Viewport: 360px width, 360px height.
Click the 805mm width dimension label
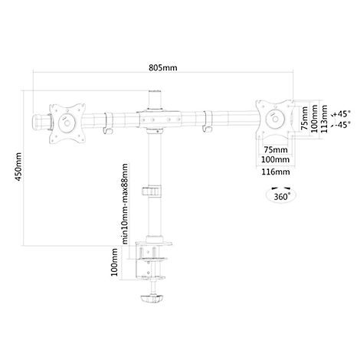[x=163, y=68]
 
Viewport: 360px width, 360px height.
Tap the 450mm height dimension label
[x=18, y=167]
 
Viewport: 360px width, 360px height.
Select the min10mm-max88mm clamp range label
[x=125, y=204]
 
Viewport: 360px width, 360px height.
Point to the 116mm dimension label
[x=276, y=172]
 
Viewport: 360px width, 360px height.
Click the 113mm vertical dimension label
[x=324, y=119]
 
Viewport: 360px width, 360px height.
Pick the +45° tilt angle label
[x=342, y=113]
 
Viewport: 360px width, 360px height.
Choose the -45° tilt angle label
[x=342, y=125]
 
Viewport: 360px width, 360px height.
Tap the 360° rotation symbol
[x=281, y=195]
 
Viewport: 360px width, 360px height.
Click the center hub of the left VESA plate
[x=67, y=123]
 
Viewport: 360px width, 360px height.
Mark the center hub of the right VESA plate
[x=274, y=119]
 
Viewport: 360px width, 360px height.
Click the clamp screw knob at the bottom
[x=152, y=298]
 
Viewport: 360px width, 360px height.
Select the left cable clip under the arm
[x=108, y=123]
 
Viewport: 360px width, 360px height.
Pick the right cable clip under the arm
[x=208, y=122]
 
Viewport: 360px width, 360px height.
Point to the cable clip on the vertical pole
[x=152, y=191]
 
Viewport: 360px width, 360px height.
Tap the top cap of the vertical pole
[x=155, y=92]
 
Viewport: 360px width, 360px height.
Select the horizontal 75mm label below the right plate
[x=276, y=149]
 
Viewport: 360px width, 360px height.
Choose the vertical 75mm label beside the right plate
[x=305, y=119]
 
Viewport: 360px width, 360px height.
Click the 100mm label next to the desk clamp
[x=114, y=262]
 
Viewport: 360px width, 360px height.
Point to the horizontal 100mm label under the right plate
[x=276, y=160]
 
